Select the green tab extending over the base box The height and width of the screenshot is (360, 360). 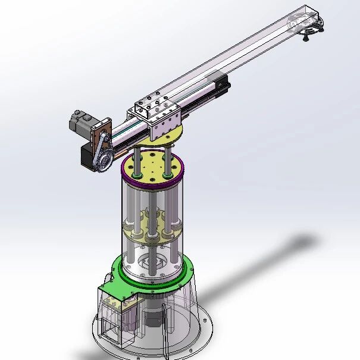click(116, 290)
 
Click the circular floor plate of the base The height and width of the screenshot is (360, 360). click(196, 339)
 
